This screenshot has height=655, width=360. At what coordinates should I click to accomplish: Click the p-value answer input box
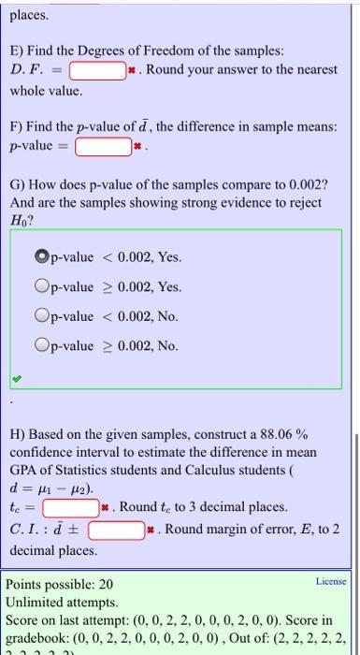[102, 146]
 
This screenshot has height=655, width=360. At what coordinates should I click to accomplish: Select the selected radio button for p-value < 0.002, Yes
[43, 256]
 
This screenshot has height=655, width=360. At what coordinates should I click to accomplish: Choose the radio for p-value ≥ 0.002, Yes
[43, 286]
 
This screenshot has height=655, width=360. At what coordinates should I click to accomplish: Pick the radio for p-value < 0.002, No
[43, 316]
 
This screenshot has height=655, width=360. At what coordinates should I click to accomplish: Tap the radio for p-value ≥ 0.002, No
[43, 346]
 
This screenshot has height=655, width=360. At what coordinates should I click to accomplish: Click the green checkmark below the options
[16, 379]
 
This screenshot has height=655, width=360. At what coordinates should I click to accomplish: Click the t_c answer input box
[72, 508]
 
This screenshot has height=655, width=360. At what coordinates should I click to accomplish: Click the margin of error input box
[117, 531]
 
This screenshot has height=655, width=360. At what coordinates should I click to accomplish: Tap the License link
[332, 581]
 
